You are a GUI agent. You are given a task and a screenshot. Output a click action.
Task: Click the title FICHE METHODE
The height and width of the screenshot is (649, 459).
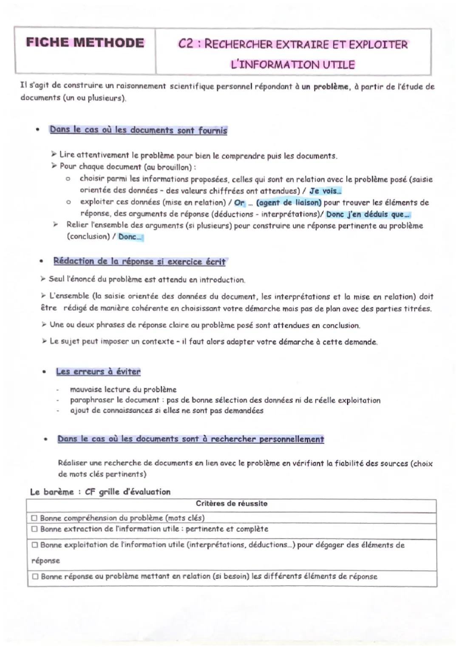tap(85, 43)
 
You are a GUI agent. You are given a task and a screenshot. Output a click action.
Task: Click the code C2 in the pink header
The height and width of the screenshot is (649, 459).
tap(188, 44)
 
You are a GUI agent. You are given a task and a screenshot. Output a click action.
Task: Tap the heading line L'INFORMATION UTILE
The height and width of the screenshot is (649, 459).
tap(292, 65)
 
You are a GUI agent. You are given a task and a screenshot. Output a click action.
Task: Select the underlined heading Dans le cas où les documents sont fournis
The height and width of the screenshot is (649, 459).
tap(138, 130)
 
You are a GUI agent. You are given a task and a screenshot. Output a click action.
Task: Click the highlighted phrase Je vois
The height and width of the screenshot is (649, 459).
tap(325, 191)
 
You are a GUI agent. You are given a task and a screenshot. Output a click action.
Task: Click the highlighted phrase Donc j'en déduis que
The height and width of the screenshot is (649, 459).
tap(368, 215)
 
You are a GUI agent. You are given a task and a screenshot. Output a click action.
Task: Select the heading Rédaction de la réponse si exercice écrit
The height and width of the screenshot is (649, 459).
tap(139, 261)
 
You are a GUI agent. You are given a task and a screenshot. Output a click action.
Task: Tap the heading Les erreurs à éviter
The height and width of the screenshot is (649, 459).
tap(98, 371)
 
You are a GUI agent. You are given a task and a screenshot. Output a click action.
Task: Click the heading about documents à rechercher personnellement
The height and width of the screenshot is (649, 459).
tap(190, 439)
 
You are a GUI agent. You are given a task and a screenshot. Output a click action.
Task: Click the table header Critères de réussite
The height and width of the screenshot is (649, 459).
tap(232, 504)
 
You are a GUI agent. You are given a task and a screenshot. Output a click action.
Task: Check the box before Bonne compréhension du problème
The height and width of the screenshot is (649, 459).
tap(34, 518)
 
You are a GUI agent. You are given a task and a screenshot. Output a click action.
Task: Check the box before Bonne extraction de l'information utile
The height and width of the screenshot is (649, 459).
tap(34, 529)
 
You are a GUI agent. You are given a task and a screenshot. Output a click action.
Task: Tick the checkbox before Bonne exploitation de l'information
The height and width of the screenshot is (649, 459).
tap(35, 545)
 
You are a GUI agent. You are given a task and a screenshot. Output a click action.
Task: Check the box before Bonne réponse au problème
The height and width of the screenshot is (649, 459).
tap(35, 577)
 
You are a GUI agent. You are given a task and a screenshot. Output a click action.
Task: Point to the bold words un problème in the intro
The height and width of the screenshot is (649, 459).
tap(326, 87)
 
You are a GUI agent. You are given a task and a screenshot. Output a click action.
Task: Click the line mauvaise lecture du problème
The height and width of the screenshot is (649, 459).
tap(123, 389)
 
